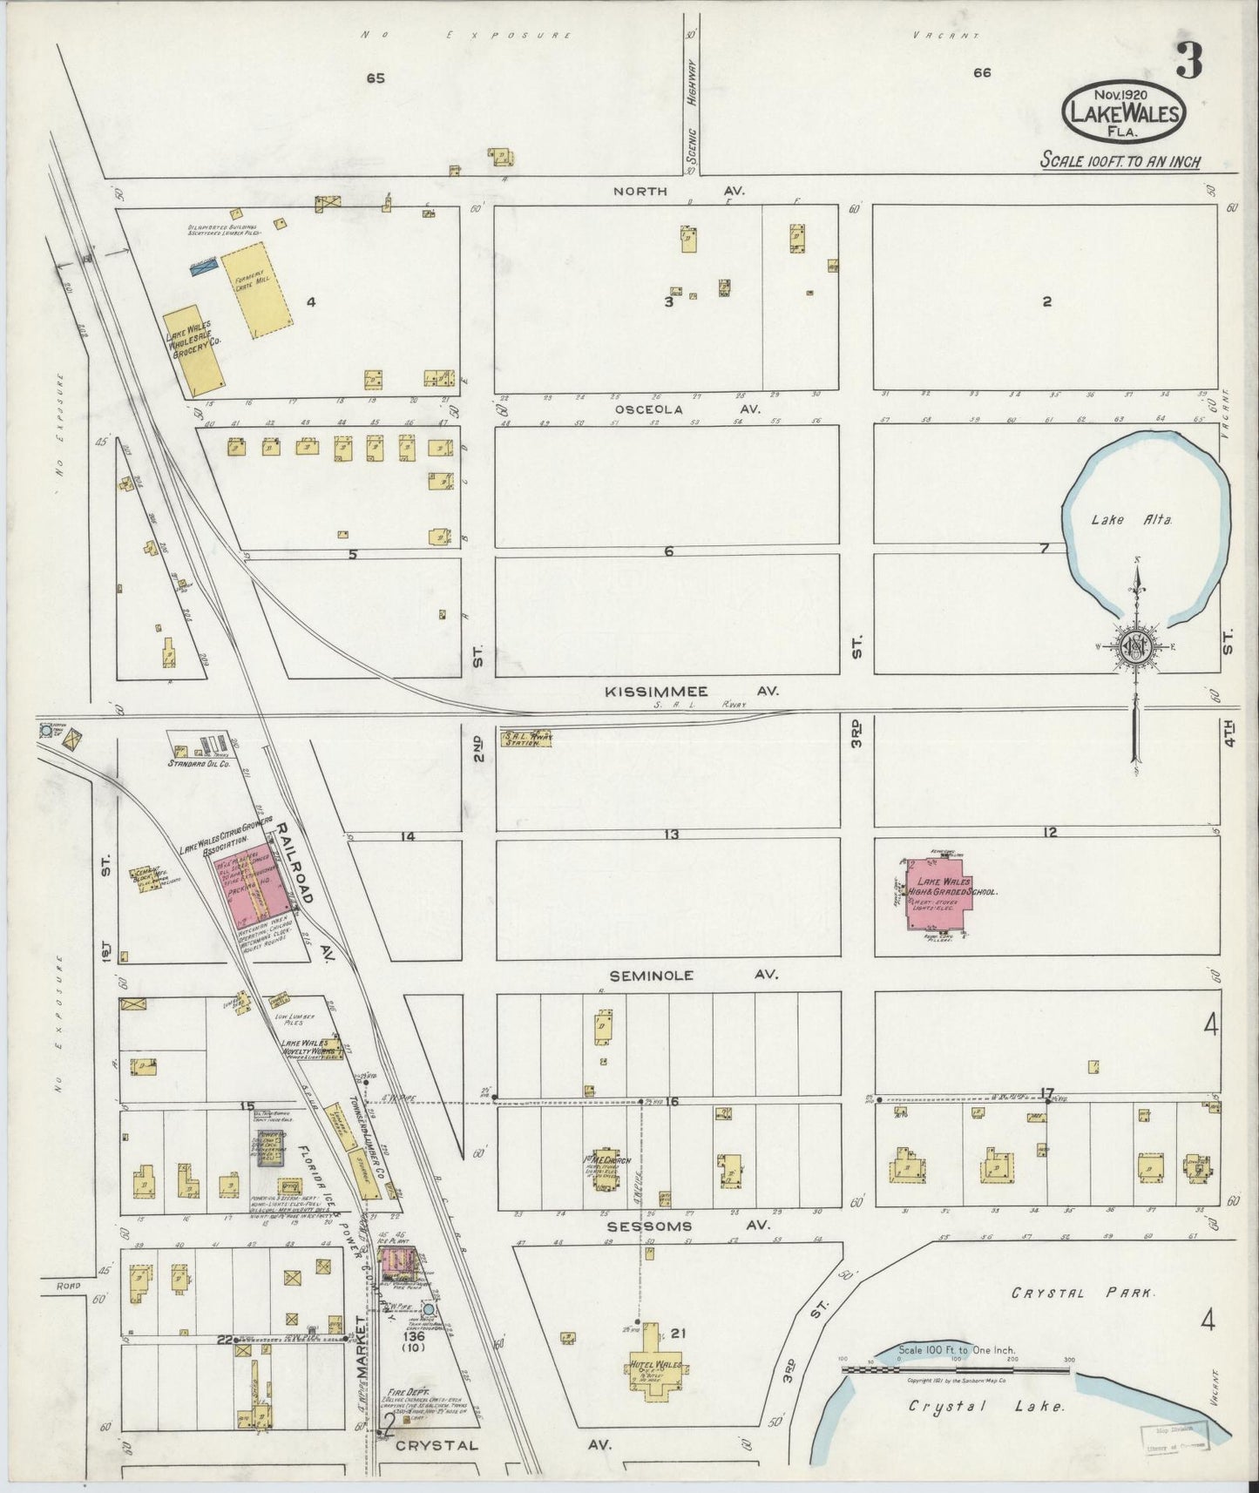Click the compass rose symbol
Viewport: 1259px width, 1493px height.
tap(1137, 647)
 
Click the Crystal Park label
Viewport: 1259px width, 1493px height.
tap(1082, 1294)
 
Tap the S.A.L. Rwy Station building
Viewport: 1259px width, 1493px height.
tap(528, 738)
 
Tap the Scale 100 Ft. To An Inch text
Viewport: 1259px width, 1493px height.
tap(1120, 161)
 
